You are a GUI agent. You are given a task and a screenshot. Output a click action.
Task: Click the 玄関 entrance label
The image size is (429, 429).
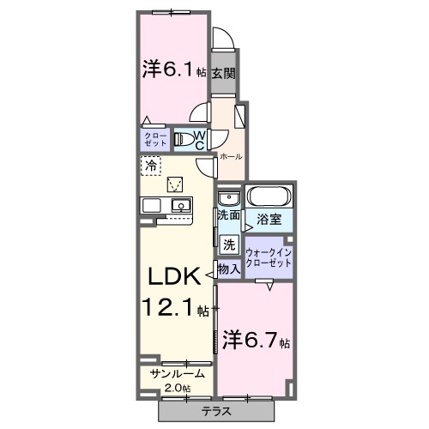tap(224, 74)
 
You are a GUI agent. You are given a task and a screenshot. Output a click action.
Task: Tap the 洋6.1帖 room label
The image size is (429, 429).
tap(169, 70)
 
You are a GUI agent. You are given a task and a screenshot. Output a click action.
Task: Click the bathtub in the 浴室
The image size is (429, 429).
tap(270, 198)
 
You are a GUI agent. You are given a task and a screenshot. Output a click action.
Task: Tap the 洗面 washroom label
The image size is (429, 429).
tap(227, 215)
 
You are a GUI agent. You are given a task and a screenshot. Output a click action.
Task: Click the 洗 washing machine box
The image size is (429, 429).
tap(228, 244)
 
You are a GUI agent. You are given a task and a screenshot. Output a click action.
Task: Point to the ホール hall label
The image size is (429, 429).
tap(230, 157)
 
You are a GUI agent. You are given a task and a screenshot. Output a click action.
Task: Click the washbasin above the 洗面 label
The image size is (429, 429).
tap(226, 196)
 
